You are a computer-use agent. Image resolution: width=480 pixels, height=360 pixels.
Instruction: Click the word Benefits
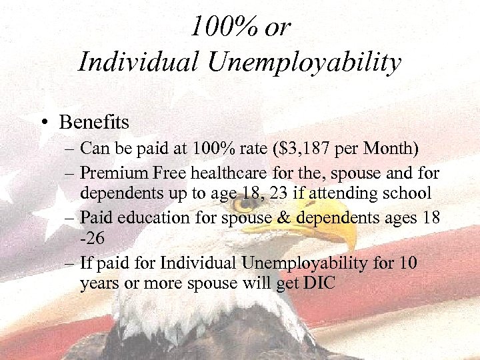click(94, 123)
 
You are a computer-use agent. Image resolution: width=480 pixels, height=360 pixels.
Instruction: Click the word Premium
click(109, 173)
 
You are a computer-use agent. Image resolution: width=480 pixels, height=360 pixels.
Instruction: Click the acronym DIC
click(319, 283)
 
